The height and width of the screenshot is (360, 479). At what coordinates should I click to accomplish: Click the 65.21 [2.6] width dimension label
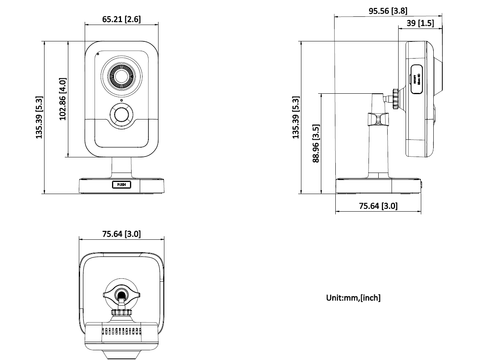coord(121,19)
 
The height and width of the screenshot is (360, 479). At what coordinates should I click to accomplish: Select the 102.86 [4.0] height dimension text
coord(63,99)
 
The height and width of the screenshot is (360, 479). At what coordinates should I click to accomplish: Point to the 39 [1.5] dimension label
coord(420,23)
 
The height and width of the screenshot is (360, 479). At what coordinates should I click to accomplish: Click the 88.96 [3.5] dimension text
coord(316,143)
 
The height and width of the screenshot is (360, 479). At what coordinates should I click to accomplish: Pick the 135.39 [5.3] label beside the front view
coord(39,117)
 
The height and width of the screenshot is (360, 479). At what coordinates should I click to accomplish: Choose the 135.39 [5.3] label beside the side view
coord(296,117)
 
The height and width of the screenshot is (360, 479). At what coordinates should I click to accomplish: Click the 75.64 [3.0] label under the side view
coord(378,206)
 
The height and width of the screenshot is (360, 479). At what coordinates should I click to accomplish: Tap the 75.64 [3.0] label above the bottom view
coord(121,234)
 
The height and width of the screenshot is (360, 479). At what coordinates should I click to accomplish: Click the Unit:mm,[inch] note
coord(353,298)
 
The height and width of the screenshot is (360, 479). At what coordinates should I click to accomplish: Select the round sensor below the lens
coord(121,115)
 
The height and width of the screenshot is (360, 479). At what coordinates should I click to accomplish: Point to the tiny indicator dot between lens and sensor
coord(121,101)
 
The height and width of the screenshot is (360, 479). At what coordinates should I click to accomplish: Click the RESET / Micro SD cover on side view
coord(417,79)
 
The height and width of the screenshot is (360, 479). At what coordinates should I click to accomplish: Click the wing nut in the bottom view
coord(122,294)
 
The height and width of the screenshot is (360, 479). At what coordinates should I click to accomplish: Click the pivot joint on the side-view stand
coord(378,119)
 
